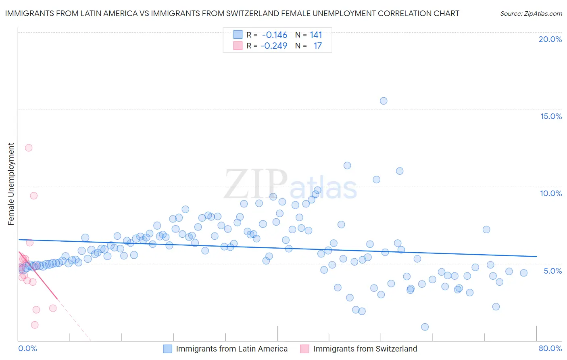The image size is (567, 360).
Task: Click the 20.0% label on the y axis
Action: pos(550,39)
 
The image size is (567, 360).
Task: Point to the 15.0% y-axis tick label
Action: pos(551,116)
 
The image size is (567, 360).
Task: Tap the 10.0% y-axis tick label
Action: pos(551,193)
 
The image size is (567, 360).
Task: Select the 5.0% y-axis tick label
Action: pos(552,271)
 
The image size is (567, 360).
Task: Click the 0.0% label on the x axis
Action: pos(27,348)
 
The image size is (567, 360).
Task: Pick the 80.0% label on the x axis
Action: pos(550,348)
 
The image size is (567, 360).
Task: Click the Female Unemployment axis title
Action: pos(11,184)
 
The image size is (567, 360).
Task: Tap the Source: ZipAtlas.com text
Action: pos(531,13)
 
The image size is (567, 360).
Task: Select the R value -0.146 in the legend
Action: pos(274,35)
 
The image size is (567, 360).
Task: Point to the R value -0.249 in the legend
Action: pos(273,46)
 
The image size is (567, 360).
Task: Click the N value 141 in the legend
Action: pos(316,35)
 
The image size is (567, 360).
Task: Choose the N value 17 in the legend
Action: pos(317,46)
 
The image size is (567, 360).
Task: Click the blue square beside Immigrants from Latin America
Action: pos(168,349)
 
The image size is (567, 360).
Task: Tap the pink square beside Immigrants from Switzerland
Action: pos(305,349)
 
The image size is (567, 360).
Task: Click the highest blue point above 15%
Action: pos(384,101)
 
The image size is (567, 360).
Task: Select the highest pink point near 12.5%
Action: pos(29,148)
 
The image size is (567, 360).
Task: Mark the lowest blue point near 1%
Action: pos(425,327)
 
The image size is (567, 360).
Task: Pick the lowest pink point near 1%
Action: pos(35,325)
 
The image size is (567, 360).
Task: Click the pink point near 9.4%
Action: pos(34,196)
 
